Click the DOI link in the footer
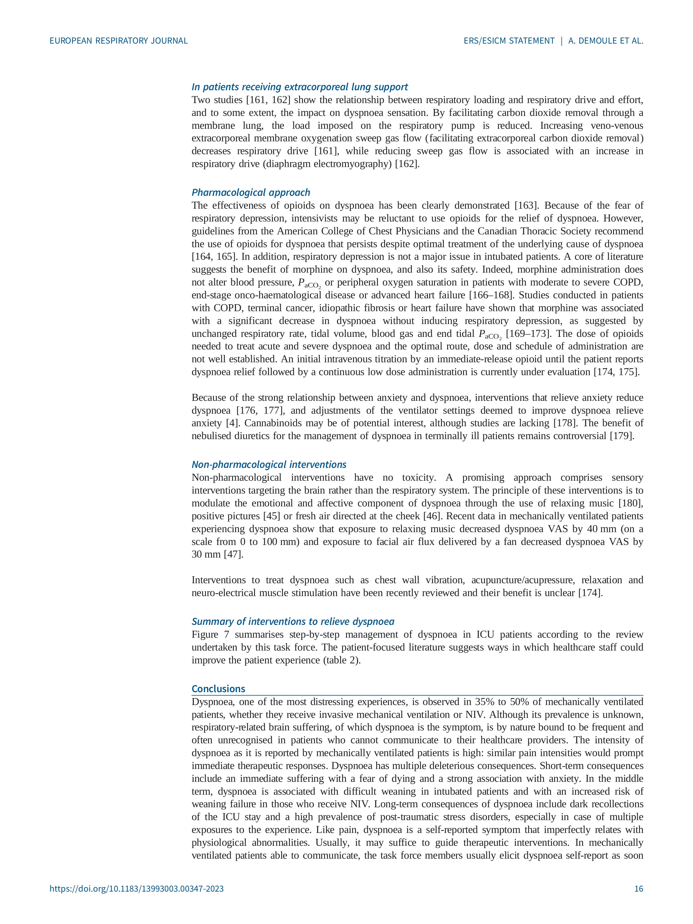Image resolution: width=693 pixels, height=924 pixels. (137, 900)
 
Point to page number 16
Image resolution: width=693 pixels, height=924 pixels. (639, 900)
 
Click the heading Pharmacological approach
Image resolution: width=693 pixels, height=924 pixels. (251, 192)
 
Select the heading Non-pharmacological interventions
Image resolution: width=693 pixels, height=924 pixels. (269, 465)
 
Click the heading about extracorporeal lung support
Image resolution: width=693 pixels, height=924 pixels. (299, 87)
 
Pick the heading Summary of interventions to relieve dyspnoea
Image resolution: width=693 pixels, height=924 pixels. (292, 621)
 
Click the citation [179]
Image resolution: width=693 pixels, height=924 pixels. (622, 436)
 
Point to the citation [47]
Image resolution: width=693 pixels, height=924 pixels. (233, 554)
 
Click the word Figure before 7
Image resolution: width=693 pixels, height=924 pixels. (205, 635)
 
